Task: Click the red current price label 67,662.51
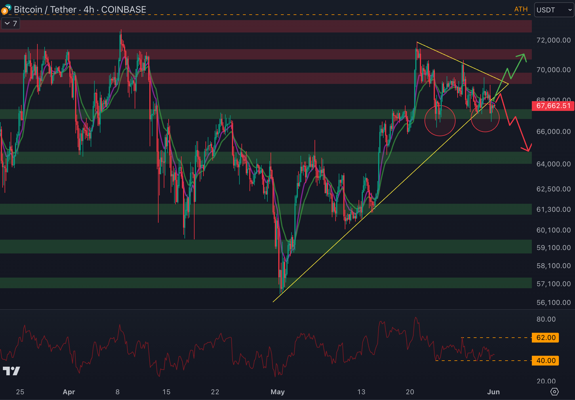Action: coord(553,106)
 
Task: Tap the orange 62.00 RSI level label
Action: coord(546,337)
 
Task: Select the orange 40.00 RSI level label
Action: coord(546,360)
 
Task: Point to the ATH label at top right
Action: coord(521,9)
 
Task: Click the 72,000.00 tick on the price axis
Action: coord(553,40)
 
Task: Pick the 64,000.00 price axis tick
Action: coord(553,164)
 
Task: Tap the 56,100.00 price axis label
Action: coord(553,303)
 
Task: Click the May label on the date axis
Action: coord(277,392)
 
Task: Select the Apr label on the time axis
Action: coord(69,392)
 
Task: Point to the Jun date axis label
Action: coord(493,392)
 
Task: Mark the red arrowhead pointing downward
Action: coord(528,148)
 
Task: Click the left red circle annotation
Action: coord(440,121)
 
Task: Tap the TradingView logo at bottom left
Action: coord(12,371)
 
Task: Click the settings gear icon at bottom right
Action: coord(554,392)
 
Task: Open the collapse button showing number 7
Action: coord(11,23)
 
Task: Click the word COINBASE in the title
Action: coord(123,9)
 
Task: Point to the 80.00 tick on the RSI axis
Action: coord(546,319)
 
